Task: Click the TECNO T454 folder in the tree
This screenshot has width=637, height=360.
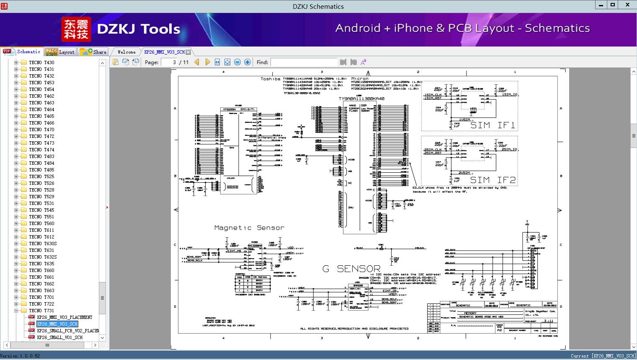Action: [41, 89]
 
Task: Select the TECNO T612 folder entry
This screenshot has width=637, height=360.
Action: [41, 237]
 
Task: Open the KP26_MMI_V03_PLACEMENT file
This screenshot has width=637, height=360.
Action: [64, 317]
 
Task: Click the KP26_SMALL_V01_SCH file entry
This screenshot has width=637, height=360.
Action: [59, 337]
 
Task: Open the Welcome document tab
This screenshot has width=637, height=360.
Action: [126, 52]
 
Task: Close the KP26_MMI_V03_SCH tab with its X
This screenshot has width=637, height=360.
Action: [188, 52]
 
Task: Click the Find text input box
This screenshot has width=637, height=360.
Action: [304, 62]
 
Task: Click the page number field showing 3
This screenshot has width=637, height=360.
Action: [169, 62]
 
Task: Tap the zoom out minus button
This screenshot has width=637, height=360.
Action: [237, 62]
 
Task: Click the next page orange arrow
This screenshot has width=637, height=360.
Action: [207, 62]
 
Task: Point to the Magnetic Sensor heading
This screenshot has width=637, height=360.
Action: [249, 228]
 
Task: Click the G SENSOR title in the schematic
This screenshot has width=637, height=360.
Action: [351, 269]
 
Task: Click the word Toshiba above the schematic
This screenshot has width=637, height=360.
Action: [270, 79]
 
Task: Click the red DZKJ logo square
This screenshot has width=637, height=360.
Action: [76, 29]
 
